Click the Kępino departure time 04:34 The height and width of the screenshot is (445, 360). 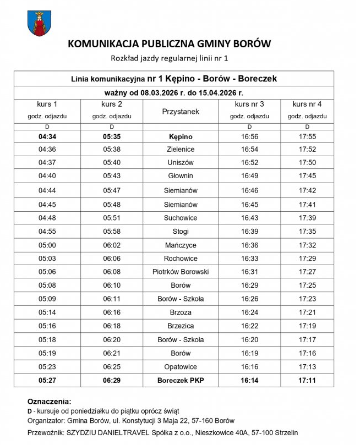pyautogui.click(x=47, y=136)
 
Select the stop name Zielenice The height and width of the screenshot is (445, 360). pyautogui.click(x=180, y=149)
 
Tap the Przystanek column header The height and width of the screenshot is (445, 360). pyautogui.click(x=180, y=112)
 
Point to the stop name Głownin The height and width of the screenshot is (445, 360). pyautogui.click(x=180, y=176)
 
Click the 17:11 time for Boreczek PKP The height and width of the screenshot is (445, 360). pyautogui.click(x=307, y=380)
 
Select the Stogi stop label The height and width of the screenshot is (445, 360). pyautogui.click(x=180, y=230)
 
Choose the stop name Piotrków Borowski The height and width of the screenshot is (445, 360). pyautogui.click(x=180, y=271)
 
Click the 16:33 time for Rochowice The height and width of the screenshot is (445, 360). pyautogui.click(x=249, y=258)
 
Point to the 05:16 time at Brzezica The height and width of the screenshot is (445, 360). pyautogui.click(x=47, y=326)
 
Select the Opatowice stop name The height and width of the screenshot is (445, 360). pyautogui.click(x=180, y=366)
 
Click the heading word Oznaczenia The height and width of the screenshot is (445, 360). pyautogui.click(x=49, y=402)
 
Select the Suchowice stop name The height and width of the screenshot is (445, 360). pyautogui.click(x=180, y=217)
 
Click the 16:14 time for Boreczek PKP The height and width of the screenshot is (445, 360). pyautogui.click(x=249, y=380)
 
